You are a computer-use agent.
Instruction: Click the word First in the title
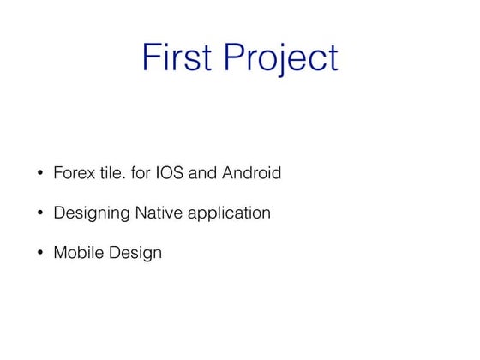179,58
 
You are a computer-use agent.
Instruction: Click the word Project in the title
282,58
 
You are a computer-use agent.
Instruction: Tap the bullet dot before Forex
39,174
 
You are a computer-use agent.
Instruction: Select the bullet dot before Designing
39,213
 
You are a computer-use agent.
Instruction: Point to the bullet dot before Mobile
39,254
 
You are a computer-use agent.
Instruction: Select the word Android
251,173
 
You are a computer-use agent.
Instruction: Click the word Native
160,213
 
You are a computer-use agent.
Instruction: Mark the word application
231,213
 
